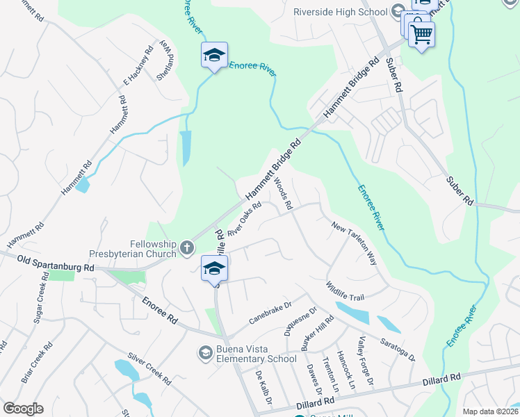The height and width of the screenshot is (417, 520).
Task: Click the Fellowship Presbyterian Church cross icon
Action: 186,247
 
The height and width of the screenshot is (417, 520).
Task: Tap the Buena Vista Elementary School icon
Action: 205,353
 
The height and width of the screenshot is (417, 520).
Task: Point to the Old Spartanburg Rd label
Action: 56,263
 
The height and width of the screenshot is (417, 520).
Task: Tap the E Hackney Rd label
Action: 138,67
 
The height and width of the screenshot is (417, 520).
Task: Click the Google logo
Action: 23,409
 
